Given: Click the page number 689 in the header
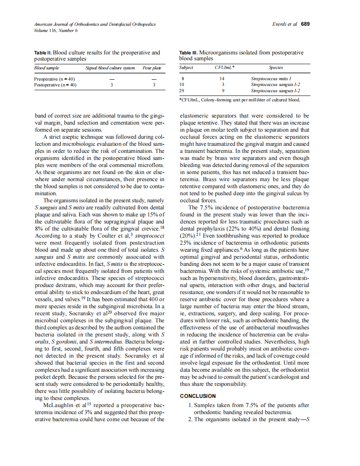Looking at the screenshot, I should [x=305, y=24].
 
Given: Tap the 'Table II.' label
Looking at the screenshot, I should [x=43, y=53].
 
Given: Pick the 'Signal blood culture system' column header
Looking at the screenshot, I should [x=110, y=68].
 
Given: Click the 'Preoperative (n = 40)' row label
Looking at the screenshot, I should [x=54, y=79].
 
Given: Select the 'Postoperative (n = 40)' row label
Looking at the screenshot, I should [x=55, y=85].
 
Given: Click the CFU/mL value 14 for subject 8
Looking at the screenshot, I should [x=222, y=78].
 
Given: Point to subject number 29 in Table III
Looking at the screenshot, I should [x=181, y=90].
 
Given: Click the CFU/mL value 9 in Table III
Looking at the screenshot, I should [x=223, y=90].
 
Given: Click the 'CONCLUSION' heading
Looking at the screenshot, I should [x=198, y=396].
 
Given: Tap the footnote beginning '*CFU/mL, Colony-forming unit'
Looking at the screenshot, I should [x=239, y=100].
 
